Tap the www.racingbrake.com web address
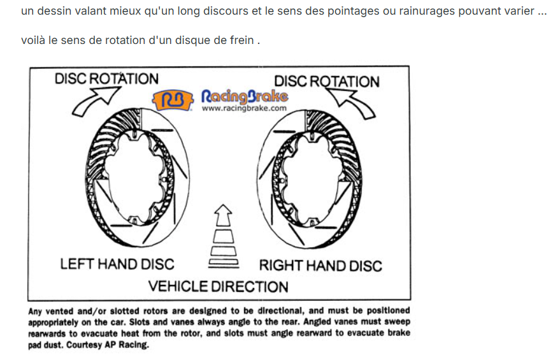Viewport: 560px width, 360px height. pos(244,108)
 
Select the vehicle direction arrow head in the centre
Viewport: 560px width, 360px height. pos(223,215)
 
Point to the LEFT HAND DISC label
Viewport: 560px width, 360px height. pos(117,264)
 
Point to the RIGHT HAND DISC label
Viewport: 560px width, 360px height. pos(320,266)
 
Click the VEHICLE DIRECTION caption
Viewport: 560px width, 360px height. pos(219,287)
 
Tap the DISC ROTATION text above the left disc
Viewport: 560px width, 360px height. pos(106,78)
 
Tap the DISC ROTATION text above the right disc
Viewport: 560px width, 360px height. pos(327,82)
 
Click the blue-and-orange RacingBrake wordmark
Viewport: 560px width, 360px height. pos(245,96)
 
